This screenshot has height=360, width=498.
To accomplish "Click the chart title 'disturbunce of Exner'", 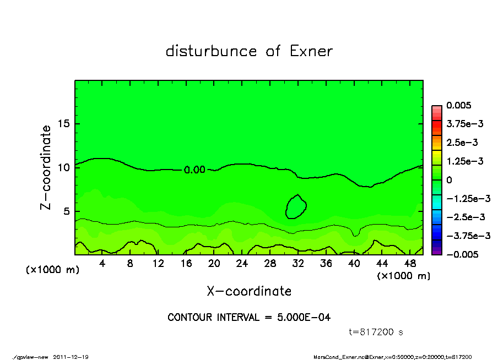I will point(249,52).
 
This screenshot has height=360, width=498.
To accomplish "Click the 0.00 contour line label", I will point(194,170).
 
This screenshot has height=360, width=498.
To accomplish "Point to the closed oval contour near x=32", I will point(296,206).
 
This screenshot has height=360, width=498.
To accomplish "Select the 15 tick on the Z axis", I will point(63,123).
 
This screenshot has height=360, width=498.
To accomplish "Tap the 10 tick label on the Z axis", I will point(63,167).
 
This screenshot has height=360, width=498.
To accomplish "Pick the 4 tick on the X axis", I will point(102,264).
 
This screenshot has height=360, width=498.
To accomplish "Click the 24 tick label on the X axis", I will point(242,264).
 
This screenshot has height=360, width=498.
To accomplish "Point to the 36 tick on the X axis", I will point(326,264).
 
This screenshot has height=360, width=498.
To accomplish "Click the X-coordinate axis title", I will point(249,291).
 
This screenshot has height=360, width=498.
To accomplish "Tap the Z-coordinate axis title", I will point(46,167).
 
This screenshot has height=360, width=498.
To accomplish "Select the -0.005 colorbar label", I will point(461,254).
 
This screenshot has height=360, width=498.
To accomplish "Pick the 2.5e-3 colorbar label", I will point(462,143).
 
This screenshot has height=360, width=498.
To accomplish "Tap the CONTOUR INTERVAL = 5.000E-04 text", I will point(249,318).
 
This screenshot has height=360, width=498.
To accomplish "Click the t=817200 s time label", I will point(376,332).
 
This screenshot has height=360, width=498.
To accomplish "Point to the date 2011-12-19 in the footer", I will point(71,357).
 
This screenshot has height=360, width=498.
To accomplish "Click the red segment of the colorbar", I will point(436,127).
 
